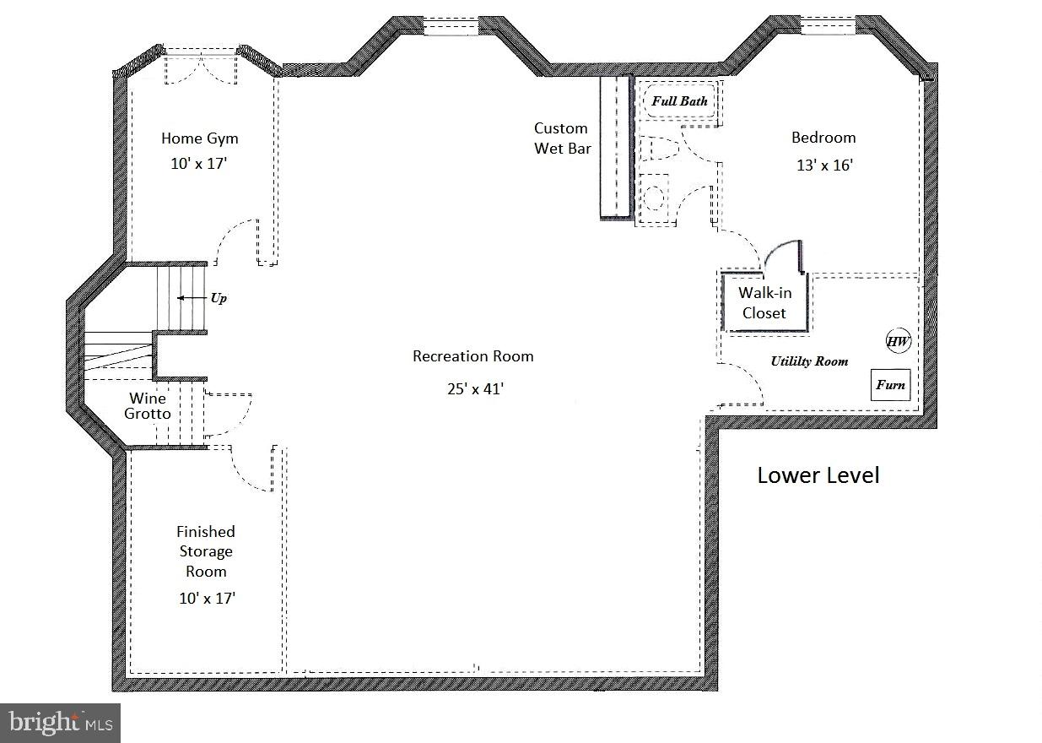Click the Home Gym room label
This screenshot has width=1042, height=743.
point(200,138)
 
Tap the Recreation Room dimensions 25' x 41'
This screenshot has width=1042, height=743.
point(475,388)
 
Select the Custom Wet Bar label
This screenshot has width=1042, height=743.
point(563,138)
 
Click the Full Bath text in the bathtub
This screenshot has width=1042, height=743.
point(680,101)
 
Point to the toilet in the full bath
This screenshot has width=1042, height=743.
point(660,149)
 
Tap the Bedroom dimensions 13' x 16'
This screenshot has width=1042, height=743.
point(825,165)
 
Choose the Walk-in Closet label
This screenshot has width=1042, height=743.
point(764,302)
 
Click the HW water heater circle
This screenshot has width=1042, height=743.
point(898,341)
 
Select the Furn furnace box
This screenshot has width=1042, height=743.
point(890,385)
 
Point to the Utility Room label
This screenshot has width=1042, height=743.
point(809,361)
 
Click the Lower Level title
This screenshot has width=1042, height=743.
point(818,475)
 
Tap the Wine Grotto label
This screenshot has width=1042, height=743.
point(148,406)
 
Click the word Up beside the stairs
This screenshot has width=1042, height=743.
point(219,298)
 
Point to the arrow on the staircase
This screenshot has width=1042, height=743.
point(192,298)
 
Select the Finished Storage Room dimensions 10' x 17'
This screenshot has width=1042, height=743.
point(207,599)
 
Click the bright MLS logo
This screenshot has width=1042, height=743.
point(61,723)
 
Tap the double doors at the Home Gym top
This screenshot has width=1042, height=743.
point(201,70)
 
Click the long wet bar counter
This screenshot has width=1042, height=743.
point(615,147)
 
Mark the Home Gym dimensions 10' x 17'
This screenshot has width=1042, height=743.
point(198,164)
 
